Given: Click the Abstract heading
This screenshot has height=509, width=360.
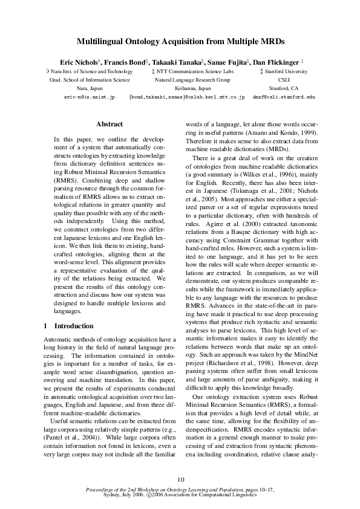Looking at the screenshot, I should pyautogui.click(x=110, y=124).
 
